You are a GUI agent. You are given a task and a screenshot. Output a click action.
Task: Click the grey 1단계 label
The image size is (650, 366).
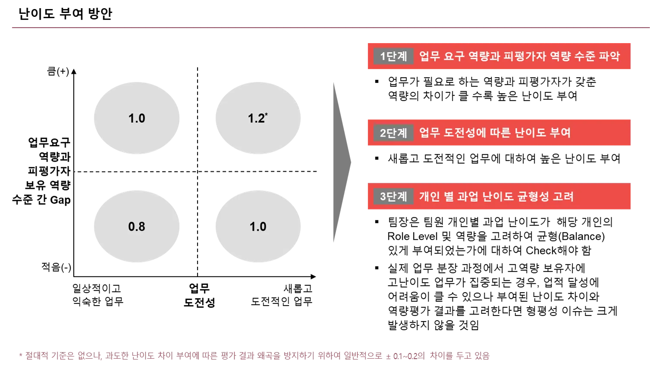(x=393, y=56)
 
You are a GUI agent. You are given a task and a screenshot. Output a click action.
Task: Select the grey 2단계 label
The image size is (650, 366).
(x=393, y=133)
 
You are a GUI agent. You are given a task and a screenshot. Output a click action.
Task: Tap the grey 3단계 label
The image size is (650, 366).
(x=393, y=197)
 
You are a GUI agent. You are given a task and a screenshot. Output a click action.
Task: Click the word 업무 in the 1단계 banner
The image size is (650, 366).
(x=428, y=56)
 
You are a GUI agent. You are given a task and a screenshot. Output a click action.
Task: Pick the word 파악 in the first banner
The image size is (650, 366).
(x=609, y=56)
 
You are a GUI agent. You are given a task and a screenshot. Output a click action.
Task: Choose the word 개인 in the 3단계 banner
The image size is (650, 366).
(x=429, y=197)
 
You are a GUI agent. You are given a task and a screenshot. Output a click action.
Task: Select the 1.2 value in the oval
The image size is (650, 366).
(x=256, y=119)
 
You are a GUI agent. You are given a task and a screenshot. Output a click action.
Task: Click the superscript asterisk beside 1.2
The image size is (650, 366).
(x=267, y=115)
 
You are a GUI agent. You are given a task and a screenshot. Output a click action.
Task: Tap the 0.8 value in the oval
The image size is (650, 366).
(x=137, y=227)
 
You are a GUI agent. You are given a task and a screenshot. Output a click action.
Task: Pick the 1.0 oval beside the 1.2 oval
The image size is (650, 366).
(x=137, y=118)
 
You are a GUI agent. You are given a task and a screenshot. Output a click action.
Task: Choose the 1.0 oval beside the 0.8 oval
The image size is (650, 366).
(x=258, y=227)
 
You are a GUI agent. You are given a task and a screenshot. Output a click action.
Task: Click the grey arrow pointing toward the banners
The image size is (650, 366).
(x=341, y=162)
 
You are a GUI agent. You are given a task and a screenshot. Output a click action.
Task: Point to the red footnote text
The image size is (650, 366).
(x=254, y=356)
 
